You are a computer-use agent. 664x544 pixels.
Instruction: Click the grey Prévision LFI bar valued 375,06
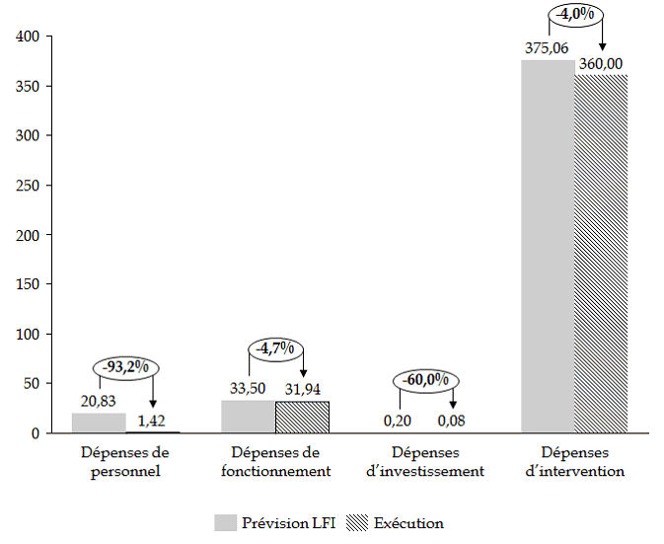(x=548, y=247)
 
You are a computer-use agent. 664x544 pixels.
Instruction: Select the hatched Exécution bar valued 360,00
(x=601, y=254)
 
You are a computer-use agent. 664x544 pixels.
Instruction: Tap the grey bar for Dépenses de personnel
(x=99, y=423)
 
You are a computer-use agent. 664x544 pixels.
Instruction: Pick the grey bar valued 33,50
(x=249, y=417)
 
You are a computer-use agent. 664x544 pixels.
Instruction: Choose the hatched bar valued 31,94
(x=302, y=418)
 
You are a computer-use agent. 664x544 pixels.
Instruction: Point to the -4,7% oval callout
(x=276, y=349)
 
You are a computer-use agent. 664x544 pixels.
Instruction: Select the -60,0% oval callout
(x=425, y=380)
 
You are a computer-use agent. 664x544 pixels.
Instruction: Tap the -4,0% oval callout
(x=574, y=15)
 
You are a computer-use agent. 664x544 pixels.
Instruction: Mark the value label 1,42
(x=151, y=422)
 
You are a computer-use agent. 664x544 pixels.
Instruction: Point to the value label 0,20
(x=400, y=422)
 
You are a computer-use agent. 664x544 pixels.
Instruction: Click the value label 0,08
(x=452, y=422)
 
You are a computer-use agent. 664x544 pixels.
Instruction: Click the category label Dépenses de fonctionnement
(x=275, y=462)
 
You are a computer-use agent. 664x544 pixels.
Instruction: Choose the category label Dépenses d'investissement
(x=425, y=462)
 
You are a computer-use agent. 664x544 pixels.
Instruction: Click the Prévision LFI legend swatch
(x=225, y=522)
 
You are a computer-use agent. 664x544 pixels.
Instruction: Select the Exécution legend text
(x=408, y=522)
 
